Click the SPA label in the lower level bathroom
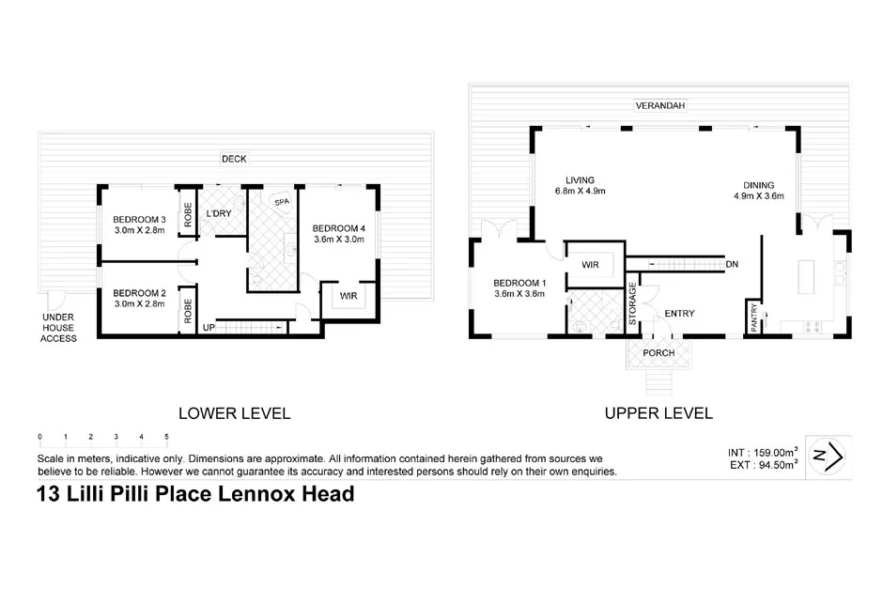point(280,202)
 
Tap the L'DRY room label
point(219,214)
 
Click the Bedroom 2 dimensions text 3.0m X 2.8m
point(139,303)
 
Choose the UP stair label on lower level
point(209,327)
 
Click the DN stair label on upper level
point(732,265)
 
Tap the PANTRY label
point(752,316)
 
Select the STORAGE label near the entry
point(632,303)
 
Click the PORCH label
point(658,353)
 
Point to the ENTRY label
point(679,314)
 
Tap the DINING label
point(759,185)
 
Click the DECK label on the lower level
point(234,159)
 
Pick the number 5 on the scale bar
point(166,437)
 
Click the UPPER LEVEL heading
point(658,412)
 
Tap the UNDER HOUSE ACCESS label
point(58,328)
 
